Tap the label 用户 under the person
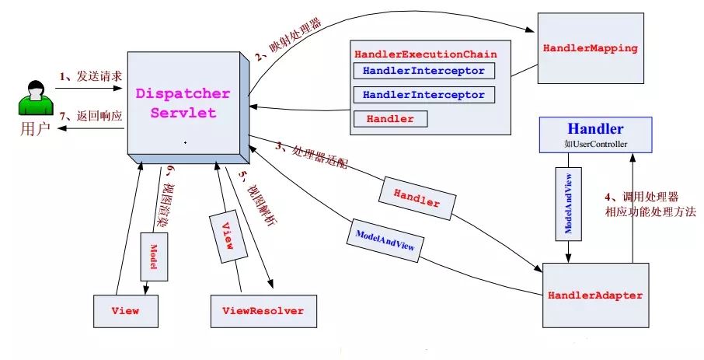pyautogui.click(x=35, y=129)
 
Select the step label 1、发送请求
pyautogui.click(x=91, y=76)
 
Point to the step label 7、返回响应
pyautogui.click(x=91, y=116)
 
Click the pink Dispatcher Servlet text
pyautogui.click(x=183, y=103)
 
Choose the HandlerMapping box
pyautogui.click(x=591, y=48)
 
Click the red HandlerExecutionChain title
pyautogui.click(x=426, y=54)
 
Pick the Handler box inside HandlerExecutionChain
pyautogui.click(x=391, y=119)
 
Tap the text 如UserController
pyautogui.click(x=596, y=145)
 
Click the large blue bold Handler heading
pyautogui.click(x=596, y=129)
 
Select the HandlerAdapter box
pyautogui.click(x=596, y=295)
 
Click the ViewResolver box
pyautogui.click(x=263, y=311)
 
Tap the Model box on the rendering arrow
pyautogui.click(x=154, y=257)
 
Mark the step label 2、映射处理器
pyautogui.click(x=289, y=40)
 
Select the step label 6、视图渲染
pyautogui.click(x=166, y=195)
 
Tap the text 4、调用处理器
pyautogui.click(x=642, y=197)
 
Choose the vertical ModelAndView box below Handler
pyautogui.click(x=569, y=204)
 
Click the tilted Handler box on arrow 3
pyautogui.click(x=417, y=198)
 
